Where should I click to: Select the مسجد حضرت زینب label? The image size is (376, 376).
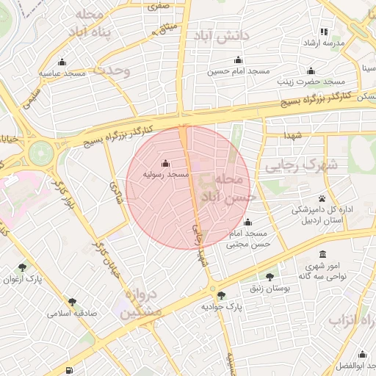[311, 82]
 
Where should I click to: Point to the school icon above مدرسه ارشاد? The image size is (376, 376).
[325, 32]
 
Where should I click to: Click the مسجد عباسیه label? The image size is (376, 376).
[62, 73]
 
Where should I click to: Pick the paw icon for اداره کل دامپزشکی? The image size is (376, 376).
[322, 199]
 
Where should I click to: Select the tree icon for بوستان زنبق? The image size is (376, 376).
[270, 277]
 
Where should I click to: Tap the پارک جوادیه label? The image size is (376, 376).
[222, 305]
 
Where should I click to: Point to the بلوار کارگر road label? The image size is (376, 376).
[64, 188]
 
